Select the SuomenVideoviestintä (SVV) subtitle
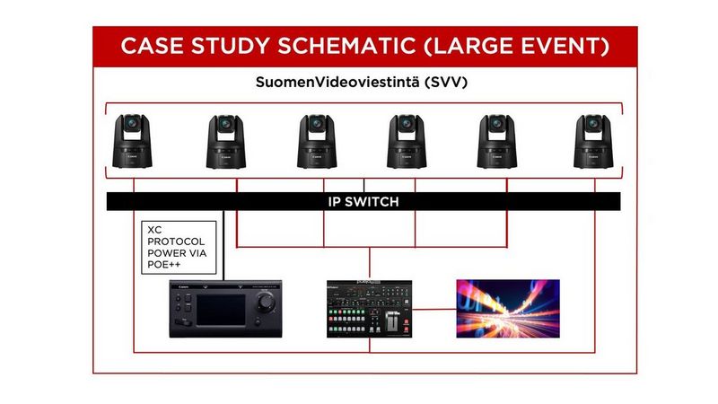[363, 83]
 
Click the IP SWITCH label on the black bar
[363, 202]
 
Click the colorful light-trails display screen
[507, 308]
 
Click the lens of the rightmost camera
[592, 124]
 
